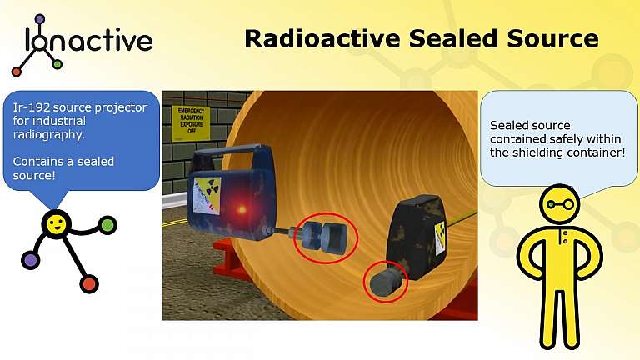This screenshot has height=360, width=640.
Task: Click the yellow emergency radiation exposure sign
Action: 191,123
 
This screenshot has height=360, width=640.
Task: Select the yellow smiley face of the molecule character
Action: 57,223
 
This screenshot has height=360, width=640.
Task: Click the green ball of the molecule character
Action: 107,224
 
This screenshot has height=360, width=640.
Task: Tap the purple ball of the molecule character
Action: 31,260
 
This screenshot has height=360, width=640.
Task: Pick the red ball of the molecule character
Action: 89,284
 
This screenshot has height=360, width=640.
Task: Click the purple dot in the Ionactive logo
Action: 39,18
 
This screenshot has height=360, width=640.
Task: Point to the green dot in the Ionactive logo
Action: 57,64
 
